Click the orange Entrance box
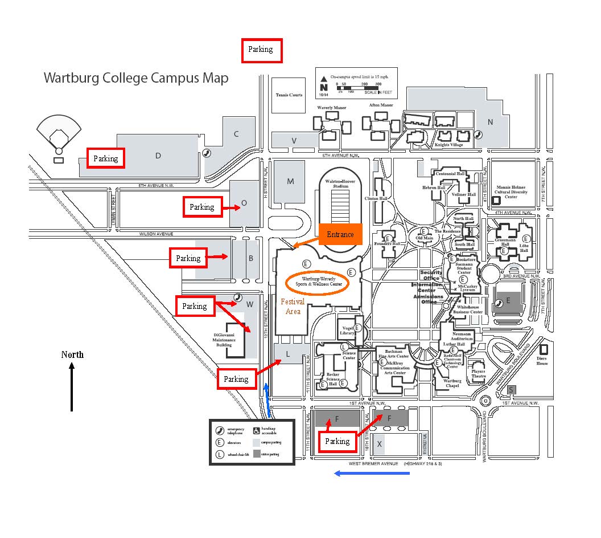point(340,234)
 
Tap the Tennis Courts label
point(289,95)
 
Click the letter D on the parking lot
point(158,156)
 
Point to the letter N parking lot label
point(490,122)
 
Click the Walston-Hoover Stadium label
point(340,184)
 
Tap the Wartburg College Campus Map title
point(136,78)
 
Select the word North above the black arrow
point(72,354)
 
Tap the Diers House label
point(542,361)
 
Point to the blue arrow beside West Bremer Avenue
point(372,473)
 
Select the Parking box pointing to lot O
point(202,207)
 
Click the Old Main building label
point(424,238)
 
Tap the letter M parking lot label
point(290,182)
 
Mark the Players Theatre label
point(478,374)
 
